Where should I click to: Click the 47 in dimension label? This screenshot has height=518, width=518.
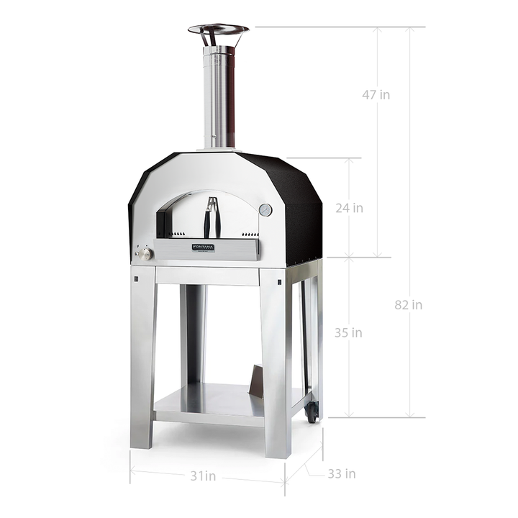(376, 94)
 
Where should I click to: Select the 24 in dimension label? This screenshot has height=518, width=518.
(349, 208)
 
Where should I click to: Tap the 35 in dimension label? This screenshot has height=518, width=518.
(349, 333)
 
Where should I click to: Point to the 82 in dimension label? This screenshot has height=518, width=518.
(409, 304)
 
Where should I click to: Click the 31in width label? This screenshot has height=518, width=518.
(202, 476)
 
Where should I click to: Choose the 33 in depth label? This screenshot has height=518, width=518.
(341, 473)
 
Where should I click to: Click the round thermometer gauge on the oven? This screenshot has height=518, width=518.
(265, 210)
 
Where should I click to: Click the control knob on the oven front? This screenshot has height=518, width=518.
(145, 254)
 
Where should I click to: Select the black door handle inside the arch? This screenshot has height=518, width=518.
(212, 218)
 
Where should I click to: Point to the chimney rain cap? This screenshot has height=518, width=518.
(218, 30)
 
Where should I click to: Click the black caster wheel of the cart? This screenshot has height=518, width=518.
(311, 411)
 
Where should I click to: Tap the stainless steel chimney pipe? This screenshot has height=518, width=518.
(219, 97)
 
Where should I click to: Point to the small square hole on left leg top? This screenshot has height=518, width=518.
(135, 278)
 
